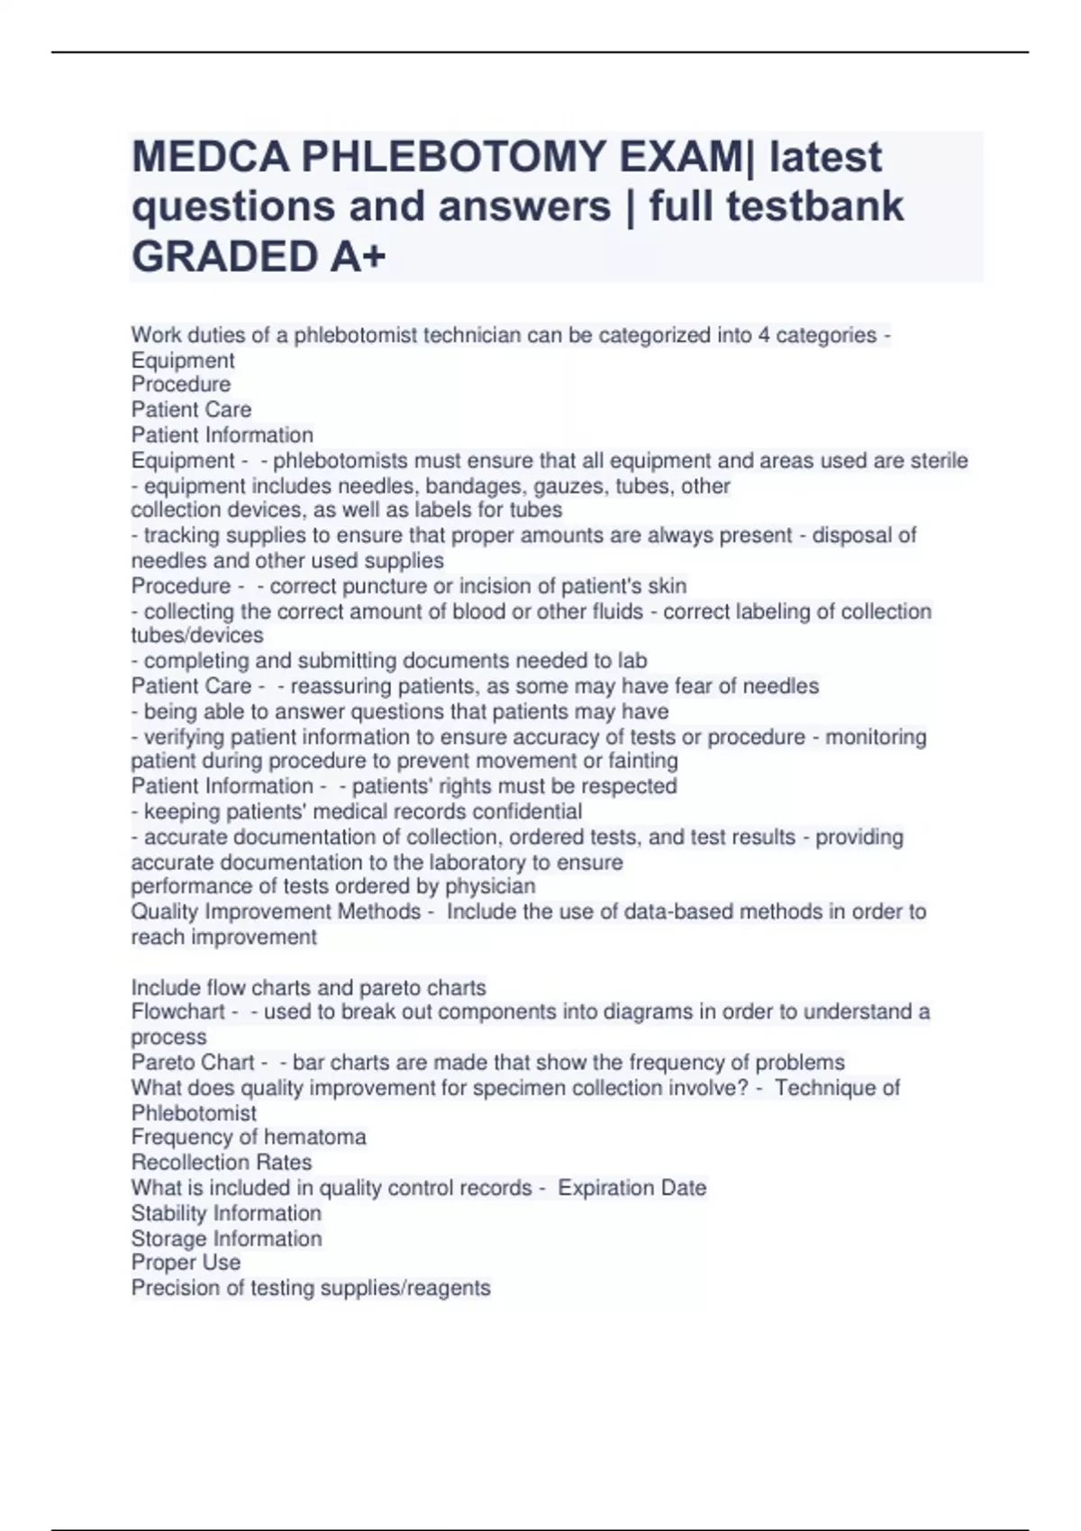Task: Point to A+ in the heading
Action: [x=358, y=257]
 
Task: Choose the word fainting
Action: [x=643, y=761]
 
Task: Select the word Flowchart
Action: [x=178, y=1012]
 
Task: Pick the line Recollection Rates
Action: [x=222, y=1163]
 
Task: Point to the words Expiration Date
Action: [x=631, y=1188]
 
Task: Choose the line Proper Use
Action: [x=186, y=1263]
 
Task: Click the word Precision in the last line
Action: [x=174, y=1289]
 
